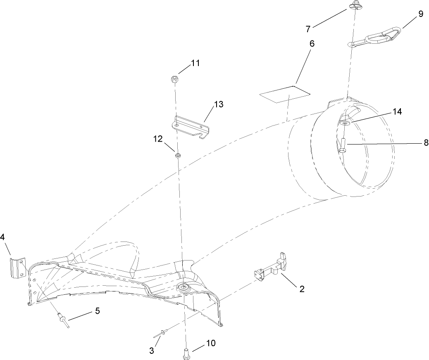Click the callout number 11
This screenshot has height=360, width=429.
pos(195,63)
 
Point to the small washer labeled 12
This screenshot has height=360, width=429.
pos(178,156)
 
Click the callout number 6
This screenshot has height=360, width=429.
pos(312,44)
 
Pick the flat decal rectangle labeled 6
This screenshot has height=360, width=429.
pos(285,95)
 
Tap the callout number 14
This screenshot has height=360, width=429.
pos(397,112)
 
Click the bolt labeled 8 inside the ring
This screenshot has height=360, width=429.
pos(343,146)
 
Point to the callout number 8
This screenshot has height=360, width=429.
pos(426,143)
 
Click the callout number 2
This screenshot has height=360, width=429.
pos(302,289)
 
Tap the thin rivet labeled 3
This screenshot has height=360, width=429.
pos(162,334)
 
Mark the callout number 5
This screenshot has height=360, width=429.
pos(98,311)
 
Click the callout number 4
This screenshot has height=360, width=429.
pos(2,237)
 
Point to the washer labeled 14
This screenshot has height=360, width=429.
pos(346,123)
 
